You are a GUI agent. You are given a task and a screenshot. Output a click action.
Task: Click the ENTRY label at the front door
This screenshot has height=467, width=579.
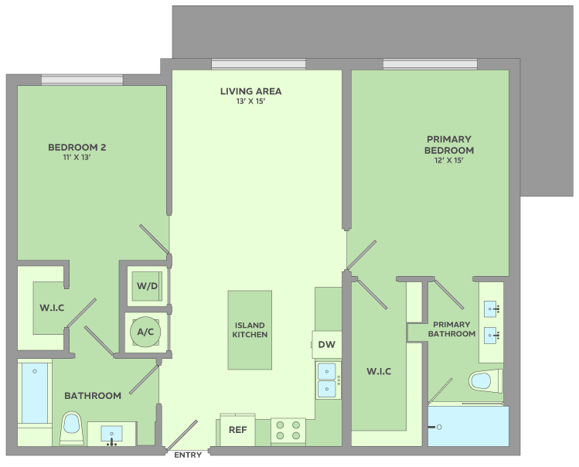tap(188, 455)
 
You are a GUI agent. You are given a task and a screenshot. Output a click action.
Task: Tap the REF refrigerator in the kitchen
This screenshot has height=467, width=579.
tap(237, 430)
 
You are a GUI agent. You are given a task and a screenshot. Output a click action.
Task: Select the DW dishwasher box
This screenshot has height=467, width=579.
tap(327, 344)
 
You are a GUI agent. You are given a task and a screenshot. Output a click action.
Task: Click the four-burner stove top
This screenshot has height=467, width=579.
tap(288, 431)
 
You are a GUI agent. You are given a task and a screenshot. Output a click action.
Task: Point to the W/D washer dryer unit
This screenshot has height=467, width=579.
tap(147, 286)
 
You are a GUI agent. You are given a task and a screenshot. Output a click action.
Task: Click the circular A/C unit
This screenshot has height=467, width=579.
tap(145, 332)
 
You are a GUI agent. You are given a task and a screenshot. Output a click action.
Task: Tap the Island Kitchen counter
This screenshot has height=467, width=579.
tap(250, 330)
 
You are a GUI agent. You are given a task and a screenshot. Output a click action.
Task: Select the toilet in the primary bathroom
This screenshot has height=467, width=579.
tap(485, 380)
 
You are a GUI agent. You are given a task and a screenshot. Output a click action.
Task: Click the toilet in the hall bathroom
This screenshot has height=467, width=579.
tap(72, 428)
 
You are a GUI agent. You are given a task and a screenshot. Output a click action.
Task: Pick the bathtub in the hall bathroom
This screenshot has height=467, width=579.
tap(35, 393)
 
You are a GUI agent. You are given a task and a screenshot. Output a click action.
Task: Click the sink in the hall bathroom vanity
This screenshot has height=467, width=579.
tap(111, 435)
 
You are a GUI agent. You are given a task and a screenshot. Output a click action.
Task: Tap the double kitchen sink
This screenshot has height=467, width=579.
tap(328, 380)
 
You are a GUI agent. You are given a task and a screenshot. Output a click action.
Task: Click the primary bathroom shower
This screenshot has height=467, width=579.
tap(468, 426)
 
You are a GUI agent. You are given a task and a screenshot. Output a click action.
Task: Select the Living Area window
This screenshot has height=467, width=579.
tap(258, 65)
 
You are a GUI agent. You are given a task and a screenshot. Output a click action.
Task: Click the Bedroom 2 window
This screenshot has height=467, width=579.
tap(82, 80)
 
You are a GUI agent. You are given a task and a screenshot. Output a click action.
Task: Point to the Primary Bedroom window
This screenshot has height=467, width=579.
tap(430, 64)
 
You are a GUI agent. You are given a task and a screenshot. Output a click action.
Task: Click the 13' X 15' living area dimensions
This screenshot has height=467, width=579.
tap(250, 101)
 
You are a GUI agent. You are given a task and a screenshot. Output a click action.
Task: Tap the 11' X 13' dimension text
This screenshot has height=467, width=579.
tap(77, 157)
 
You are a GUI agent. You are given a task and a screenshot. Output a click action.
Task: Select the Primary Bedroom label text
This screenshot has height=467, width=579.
tap(449, 145)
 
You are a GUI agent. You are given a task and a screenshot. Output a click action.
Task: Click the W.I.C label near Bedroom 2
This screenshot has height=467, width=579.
tap(52, 308)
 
